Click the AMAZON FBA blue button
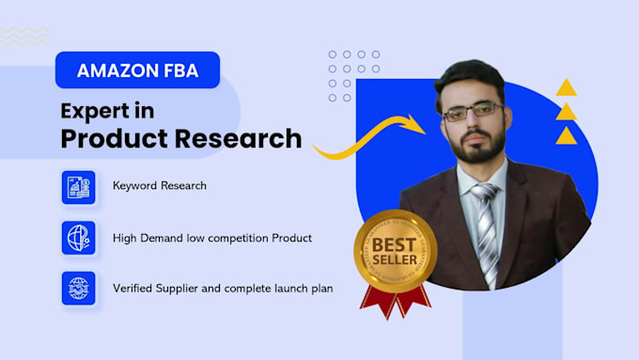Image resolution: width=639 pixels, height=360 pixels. [x=137, y=70]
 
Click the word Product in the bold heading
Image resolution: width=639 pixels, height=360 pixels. [x=110, y=138]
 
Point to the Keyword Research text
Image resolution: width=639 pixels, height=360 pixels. [x=159, y=186]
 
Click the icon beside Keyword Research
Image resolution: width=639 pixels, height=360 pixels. [x=78, y=187]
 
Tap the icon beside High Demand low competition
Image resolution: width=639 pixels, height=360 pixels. [x=78, y=237]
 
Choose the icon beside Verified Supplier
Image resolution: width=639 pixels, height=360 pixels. [x=78, y=288]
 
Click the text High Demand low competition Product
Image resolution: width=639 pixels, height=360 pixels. [x=211, y=238]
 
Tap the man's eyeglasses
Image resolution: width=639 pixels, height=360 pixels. [x=470, y=112]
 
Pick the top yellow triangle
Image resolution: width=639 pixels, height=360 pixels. [x=566, y=89]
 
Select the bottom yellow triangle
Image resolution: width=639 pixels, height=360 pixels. [x=566, y=136]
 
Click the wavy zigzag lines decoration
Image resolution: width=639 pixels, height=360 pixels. [x=23, y=36]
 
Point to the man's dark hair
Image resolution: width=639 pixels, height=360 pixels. [x=470, y=73]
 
